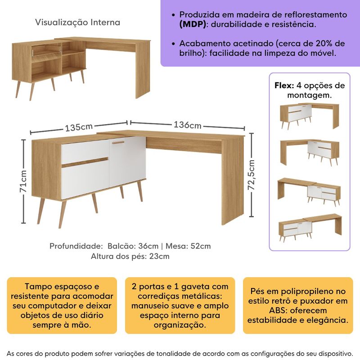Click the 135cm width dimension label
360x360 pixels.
(80, 127)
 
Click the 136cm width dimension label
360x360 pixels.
(187, 125)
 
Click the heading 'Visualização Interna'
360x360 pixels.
(77, 22)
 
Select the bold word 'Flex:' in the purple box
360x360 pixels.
(284, 85)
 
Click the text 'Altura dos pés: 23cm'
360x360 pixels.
(130, 256)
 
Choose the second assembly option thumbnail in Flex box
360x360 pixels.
(309, 152)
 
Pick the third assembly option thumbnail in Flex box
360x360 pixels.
(309, 191)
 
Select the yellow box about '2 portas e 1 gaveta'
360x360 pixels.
(180, 306)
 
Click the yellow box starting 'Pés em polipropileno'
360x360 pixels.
(297, 306)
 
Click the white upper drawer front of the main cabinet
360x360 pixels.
(85, 152)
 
